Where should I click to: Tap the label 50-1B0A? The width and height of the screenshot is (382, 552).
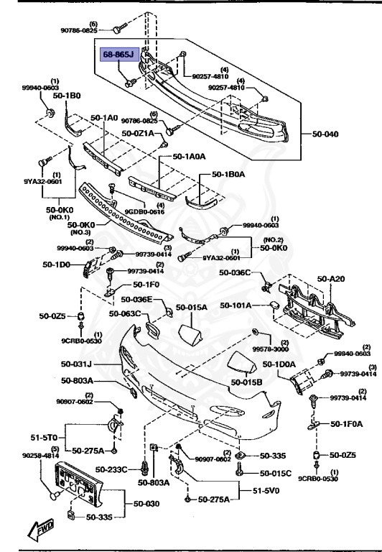229,173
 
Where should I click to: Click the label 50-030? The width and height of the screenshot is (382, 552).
141,504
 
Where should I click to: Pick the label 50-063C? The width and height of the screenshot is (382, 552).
124,313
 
